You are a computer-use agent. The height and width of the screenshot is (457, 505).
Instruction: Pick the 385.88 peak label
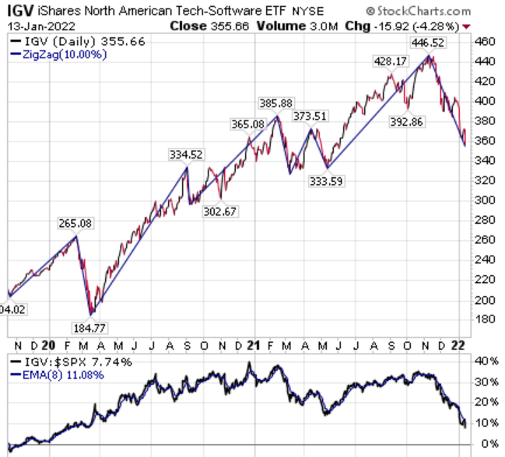[276, 103]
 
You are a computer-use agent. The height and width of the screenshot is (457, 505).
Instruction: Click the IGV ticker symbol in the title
[18, 11]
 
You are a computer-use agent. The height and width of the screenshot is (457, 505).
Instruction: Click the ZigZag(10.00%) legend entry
[58, 54]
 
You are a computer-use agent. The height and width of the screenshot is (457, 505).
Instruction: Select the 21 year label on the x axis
[252, 344]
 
